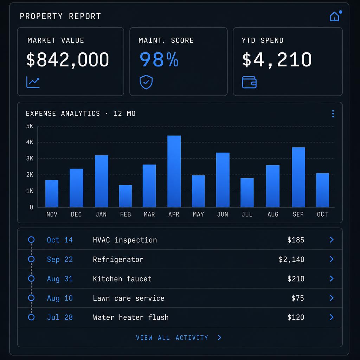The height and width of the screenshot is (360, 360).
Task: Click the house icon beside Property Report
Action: (334, 17)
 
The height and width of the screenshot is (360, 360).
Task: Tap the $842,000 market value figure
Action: (67, 60)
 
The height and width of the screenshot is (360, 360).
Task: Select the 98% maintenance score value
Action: (159, 59)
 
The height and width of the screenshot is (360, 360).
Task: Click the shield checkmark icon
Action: (146, 82)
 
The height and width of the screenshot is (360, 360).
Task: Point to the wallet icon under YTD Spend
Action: (249, 82)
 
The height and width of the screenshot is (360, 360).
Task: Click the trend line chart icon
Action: (33, 82)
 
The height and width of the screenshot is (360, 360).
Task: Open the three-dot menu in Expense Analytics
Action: (333, 114)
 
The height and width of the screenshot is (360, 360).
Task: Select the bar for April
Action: (174, 171)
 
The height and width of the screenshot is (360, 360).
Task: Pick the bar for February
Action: (126, 196)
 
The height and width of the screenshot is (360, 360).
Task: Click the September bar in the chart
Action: (298, 177)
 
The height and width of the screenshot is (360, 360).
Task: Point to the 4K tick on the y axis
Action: (30, 142)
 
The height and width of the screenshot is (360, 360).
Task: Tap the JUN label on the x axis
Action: (223, 214)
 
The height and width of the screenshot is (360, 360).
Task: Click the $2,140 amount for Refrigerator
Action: (291, 259)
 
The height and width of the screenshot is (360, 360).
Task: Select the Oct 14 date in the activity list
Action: (60, 240)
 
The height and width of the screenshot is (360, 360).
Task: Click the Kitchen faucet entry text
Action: (122, 279)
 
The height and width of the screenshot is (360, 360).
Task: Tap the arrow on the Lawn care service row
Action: (332, 298)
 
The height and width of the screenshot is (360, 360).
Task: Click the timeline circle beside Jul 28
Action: (31, 317)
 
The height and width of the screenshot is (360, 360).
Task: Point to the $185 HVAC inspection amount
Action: (296, 240)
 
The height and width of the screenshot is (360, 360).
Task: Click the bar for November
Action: (52, 194)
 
